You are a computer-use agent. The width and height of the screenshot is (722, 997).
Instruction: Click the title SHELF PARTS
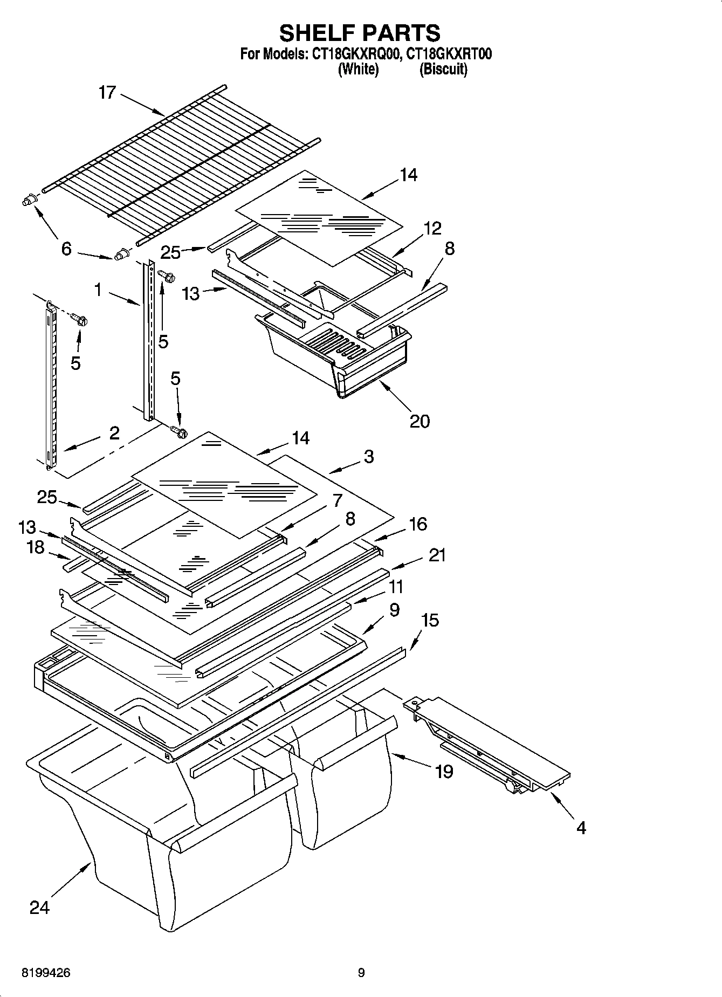pos(360,33)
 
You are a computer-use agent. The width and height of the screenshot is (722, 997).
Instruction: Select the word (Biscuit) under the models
pos(443,69)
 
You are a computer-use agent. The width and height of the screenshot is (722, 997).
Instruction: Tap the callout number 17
pos(107,92)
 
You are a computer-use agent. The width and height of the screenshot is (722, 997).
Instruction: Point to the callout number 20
pos(420,421)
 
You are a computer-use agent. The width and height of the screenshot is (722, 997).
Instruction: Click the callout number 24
pos(39,907)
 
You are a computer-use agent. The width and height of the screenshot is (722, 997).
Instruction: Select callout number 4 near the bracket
pos(581,827)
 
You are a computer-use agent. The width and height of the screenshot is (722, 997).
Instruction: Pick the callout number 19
pos(444,772)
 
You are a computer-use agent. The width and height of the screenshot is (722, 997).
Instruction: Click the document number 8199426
pos(46,973)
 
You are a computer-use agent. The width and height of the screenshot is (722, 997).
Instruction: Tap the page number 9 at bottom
pos(361,973)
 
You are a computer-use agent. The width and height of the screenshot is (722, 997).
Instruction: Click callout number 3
pos(368,457)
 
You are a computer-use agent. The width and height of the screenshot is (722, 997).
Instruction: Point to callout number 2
pos(114,432)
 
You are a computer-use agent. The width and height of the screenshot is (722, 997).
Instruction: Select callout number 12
pos(432,228)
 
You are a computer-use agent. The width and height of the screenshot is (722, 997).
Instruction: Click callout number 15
pos(430,620)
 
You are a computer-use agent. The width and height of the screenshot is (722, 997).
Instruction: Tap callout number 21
pos(437,555)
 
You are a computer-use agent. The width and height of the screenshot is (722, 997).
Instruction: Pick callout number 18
pos(36,547)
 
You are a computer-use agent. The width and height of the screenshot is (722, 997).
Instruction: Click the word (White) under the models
pos(358,69)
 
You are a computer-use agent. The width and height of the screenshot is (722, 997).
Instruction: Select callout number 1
pos(98,290)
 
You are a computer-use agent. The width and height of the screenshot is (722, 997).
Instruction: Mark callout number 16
pos(418,524)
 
